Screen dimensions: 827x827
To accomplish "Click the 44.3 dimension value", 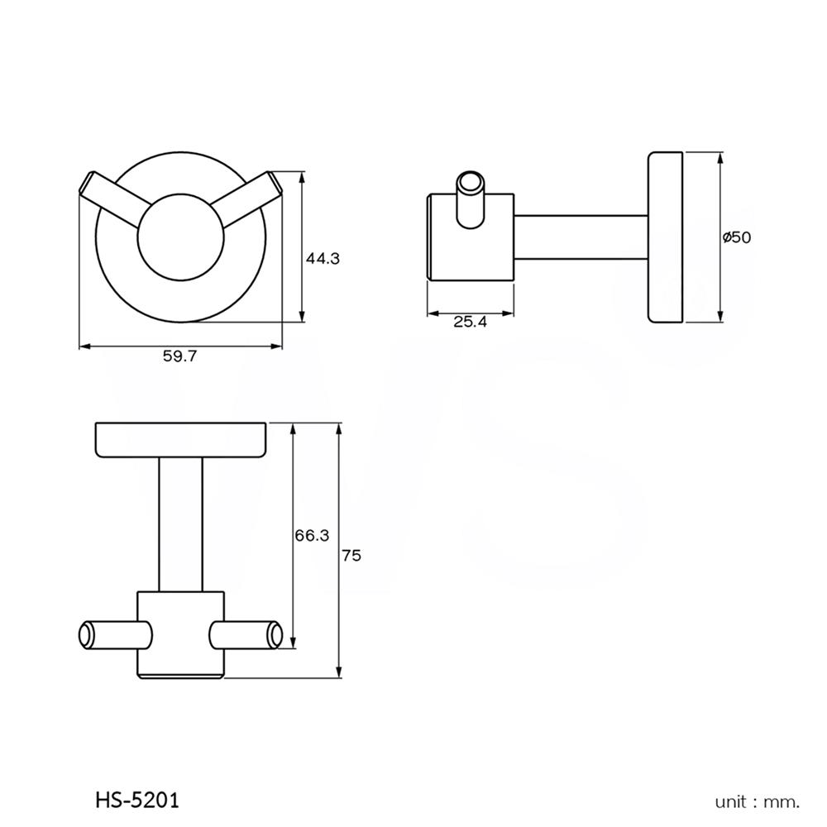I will point(323,258).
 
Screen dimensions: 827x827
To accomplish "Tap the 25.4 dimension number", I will point(469,323).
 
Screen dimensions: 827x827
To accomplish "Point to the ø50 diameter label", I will point(736,237).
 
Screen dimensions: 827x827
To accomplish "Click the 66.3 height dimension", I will point(312,536).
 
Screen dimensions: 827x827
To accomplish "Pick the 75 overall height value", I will point(351,557).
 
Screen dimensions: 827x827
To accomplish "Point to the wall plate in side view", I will point(665,237).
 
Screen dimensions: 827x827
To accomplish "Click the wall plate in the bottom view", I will point(181,439).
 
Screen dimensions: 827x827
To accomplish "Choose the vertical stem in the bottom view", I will point(181,524).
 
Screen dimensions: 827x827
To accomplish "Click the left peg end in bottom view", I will point(87,636).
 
